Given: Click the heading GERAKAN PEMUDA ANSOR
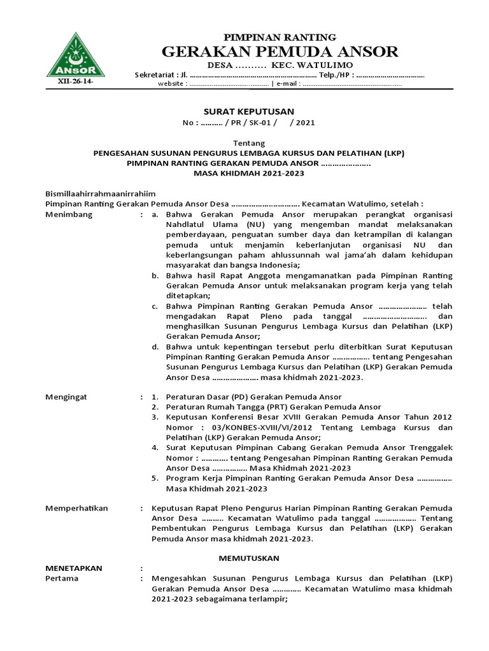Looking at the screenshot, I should tap(280, 51).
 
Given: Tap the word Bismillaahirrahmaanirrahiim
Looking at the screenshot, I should tap(101, 193).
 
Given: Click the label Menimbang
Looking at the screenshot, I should tap(69, 214).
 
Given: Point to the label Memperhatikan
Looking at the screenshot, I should tap(76, 509).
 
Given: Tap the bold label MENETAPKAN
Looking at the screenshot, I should tap(74, 568).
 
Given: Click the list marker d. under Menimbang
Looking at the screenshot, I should tap(155, 346).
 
